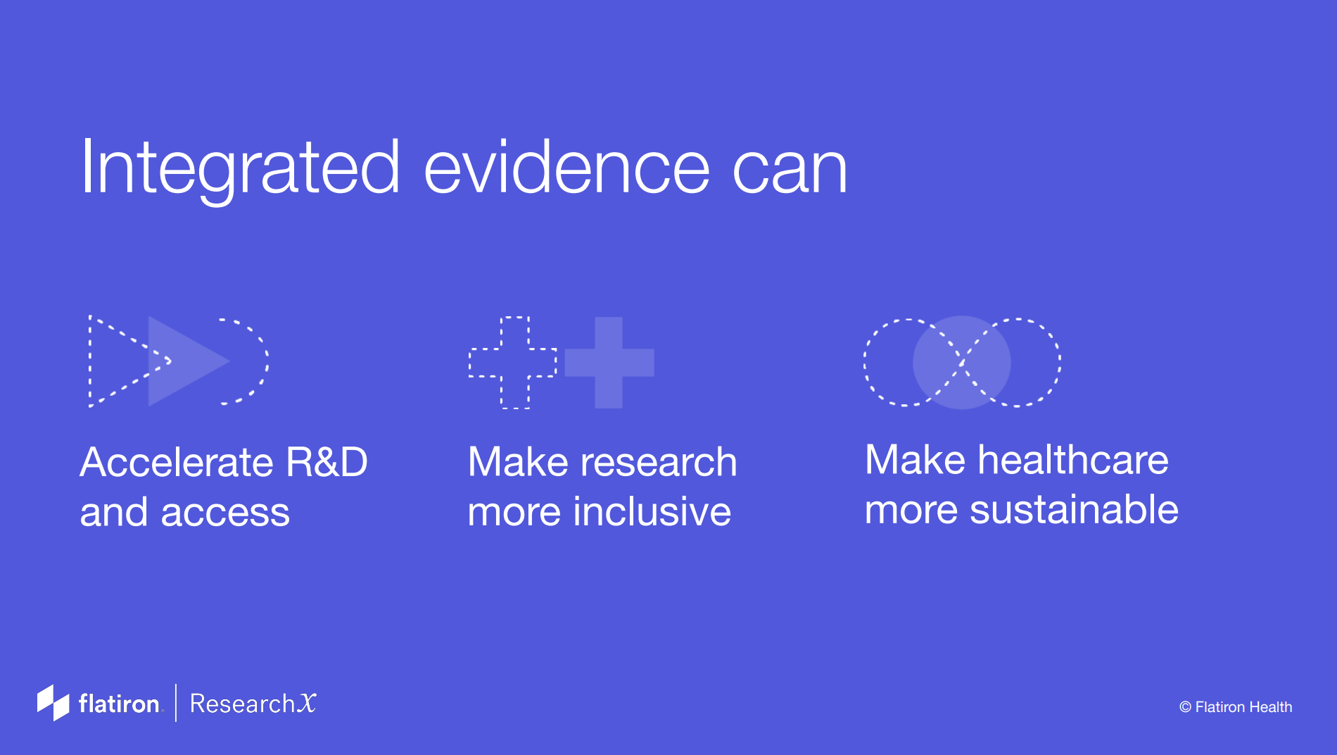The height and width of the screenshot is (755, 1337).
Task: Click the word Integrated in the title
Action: pyautogui.click(x=241, y=168)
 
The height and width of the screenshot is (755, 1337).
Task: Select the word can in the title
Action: pyautogui.click(x=790, y=172)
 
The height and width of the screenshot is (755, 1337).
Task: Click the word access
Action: pyautogui.click(x=225, y=513)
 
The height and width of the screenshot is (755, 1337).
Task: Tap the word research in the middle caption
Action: pyautogui.click(x=658, y=463)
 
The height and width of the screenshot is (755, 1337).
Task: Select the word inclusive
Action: pyautogui.click(x=652, y=511)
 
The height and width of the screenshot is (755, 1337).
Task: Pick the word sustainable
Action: pyautogui.click(x=1074, y=509)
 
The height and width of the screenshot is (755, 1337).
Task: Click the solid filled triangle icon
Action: pyautogui.click(x=189, y=361)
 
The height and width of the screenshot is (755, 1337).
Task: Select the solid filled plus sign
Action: pyautogui.click(x=609, y=363)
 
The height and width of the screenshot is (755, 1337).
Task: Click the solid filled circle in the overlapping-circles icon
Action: pyautogui.click(x=961, y=363)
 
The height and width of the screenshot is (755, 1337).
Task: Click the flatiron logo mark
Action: pyautogui.click(x=53, y=703)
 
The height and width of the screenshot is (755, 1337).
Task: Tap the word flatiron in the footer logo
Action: pyautogui.click(x=119, y=704)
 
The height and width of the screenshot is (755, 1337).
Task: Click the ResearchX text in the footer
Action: pyautogui.click(x=253, y=704)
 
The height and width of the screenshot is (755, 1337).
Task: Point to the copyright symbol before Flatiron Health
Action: pyautogui.click(x=1185, y=707)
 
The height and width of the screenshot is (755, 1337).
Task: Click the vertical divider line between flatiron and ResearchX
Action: pyautogui.click(x=176, y=703)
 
